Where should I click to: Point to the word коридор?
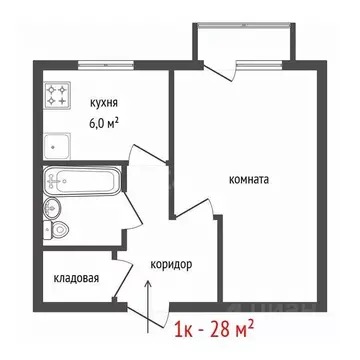pos(171,264)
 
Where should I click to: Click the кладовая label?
pos(76,279)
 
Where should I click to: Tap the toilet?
pos(60,230)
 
